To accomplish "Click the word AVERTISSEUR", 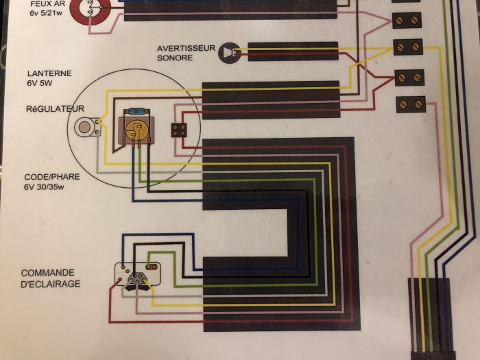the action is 186,49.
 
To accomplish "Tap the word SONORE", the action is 175,58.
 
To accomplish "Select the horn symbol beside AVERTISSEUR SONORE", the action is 229,53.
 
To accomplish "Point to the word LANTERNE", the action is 49,73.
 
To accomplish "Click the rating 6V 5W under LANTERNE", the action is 40,83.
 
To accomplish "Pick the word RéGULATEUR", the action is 55,108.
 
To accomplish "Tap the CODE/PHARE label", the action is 52,177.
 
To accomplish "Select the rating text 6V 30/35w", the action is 44,187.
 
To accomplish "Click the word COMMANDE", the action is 48,273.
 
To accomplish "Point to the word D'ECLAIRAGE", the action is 51,284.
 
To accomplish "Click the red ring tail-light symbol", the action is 91,8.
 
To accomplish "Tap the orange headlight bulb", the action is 136,129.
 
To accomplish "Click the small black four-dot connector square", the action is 179,130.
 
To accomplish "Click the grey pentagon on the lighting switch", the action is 136,279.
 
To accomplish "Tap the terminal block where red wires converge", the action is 409,77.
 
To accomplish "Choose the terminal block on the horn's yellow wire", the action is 408,47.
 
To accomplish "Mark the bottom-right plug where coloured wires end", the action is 431,318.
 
